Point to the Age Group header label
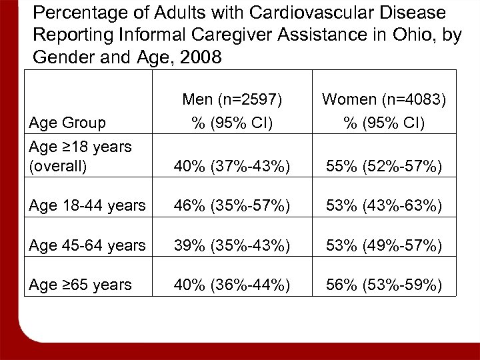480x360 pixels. pyautogui.click(x=68, y=123)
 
